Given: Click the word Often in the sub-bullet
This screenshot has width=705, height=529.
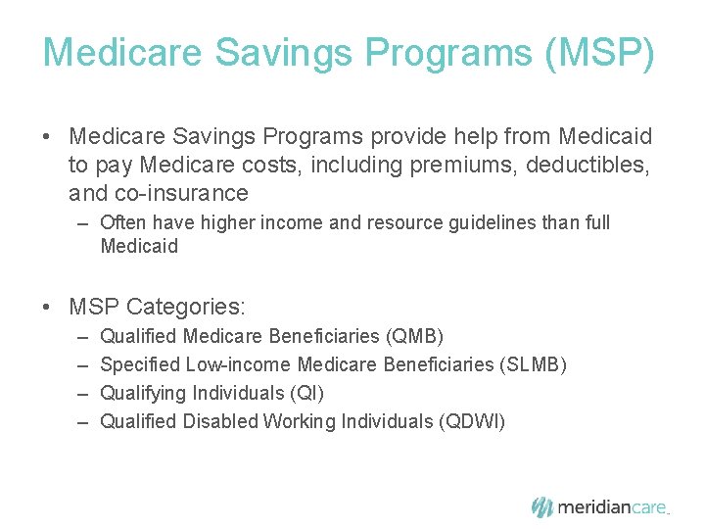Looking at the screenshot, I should click(x=123, y=222).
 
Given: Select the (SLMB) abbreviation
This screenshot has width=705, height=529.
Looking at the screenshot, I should click(x=533, y=364).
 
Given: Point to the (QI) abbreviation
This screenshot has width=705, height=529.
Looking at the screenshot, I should click(x=307, y=393).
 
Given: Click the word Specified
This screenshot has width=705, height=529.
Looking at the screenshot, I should click(x=140, y=364).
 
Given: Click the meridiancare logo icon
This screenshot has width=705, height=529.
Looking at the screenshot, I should click(x=542, y=507).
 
